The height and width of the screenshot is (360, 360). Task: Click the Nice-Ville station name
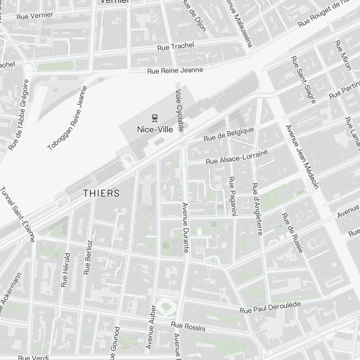(x=155, y=129)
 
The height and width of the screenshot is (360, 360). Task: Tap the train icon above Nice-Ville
(x=155, y=118)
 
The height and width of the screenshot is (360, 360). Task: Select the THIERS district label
(x=101, y=193)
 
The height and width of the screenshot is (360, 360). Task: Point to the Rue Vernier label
(x=35, y=15)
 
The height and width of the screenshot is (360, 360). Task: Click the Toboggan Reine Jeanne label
(x=67, y=118)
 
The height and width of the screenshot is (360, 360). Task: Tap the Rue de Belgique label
(x=229, y=134)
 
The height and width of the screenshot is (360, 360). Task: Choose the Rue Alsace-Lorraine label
(x=237, y=157)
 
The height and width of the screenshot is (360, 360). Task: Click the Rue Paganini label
(x=232, y=196)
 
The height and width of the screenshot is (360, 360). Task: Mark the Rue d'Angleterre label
(x=257, y=209)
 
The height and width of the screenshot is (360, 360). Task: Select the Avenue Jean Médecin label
(x=302, y=157)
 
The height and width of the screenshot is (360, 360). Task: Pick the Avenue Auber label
(x=151, y=327)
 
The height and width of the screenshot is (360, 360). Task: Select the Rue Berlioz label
(x=88, y=257)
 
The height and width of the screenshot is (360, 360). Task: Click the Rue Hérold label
(x=65, y=270)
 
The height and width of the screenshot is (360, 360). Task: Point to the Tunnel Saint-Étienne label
(x=18, y=214)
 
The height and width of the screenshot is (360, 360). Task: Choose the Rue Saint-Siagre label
(x=303, y=79)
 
